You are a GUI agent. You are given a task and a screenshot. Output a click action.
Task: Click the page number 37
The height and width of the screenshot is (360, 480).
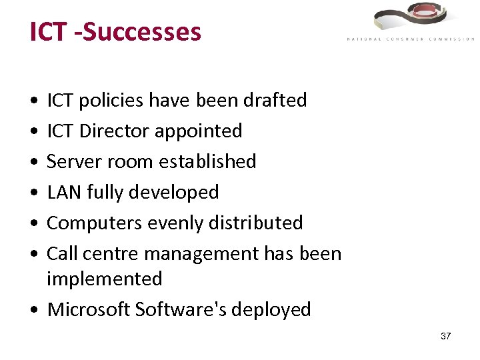coord(445,336)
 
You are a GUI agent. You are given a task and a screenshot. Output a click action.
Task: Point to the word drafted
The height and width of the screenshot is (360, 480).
coord(275,101)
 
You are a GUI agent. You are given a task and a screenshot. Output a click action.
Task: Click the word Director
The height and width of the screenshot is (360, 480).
coord(114,131)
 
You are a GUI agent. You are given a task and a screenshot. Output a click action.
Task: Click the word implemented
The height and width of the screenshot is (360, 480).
coord(104,279)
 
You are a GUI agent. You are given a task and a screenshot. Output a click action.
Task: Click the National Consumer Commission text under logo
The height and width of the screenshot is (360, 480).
coord(410,39)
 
